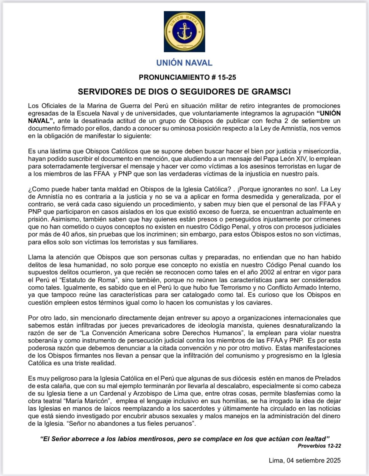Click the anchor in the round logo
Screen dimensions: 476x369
point(184,32)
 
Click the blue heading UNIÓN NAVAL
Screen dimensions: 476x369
point(184,63)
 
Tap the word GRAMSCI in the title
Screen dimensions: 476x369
point(271,92)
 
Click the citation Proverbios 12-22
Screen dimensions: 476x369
point(319,446)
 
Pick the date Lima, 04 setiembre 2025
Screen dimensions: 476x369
point(305,461)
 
